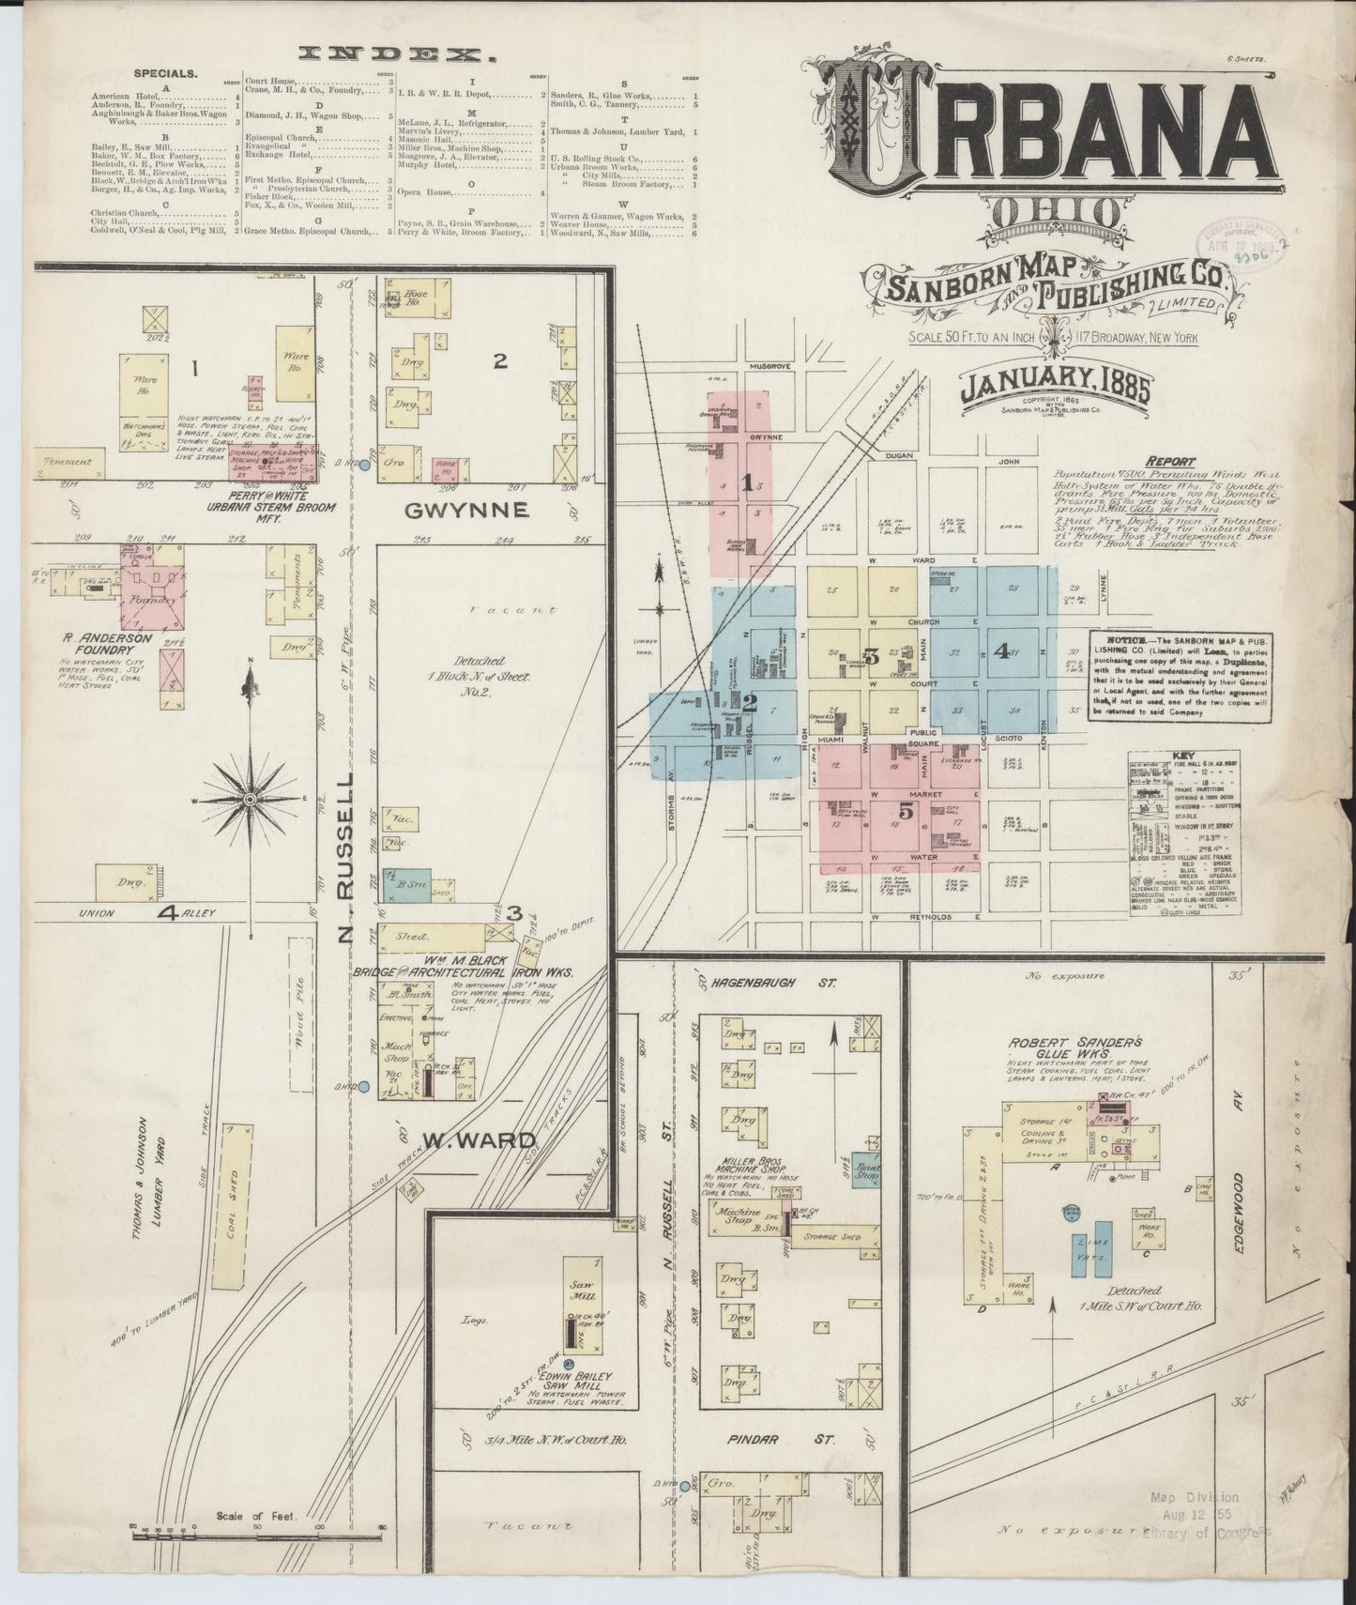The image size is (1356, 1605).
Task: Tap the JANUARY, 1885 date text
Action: coord(1054,386)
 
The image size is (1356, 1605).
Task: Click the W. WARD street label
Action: coord(479,1140)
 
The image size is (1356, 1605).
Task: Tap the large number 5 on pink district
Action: coord(907,812)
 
